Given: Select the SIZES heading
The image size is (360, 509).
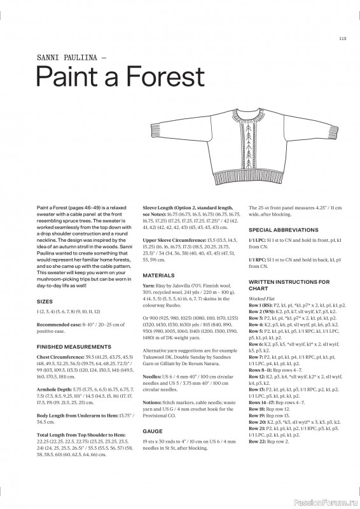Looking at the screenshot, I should coord(45,299).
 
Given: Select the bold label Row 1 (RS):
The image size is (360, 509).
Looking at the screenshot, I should coord(263,305).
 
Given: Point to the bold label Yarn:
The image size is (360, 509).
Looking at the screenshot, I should coord(148,287).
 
